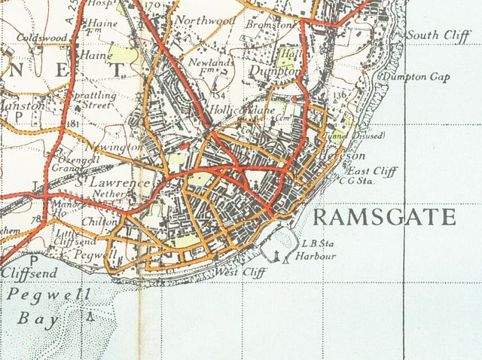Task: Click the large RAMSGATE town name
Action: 383,218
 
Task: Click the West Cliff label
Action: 240,272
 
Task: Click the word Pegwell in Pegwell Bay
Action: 38,294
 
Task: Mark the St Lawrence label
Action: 111,182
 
